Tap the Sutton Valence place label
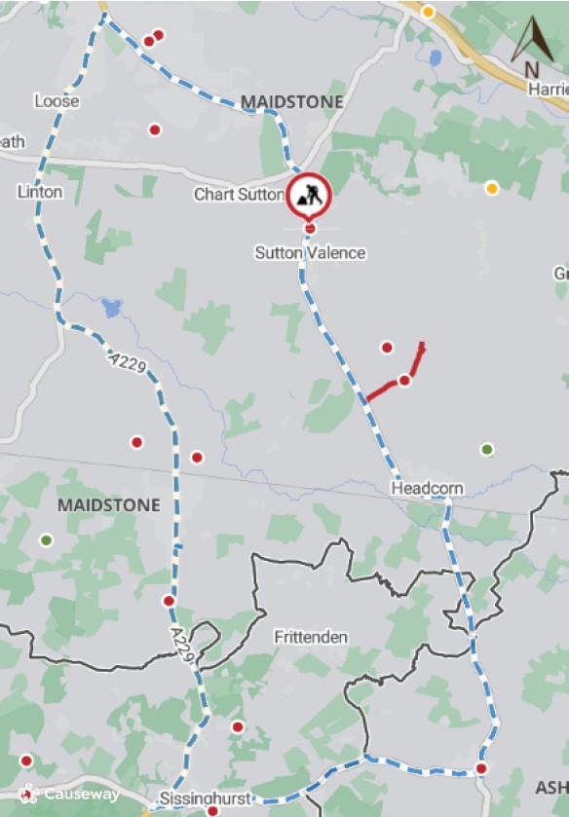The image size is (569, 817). pyautogui.click(x=310, y=253)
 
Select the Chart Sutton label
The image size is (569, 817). pyautogui.click(x=239, y=195)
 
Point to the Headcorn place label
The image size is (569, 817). pyautogui.click(x=428, y=487)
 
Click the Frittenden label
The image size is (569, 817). pyautogui.click(x=311, y=637)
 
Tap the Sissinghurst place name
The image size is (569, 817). pyautogui.click(x=206, y=799)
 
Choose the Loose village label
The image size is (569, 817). pyautogui.click(x=57, y=101)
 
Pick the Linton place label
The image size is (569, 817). pyautogui.click(x=40, y=192)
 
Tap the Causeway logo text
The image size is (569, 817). pyautogui.click(x=70, y=795)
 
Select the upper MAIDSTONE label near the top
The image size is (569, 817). pyautogui.click(x=292, y=101)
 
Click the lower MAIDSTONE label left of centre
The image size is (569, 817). pyautogui.click(x=108, y=505)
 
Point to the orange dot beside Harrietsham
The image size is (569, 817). pyautogui.click(x=492, y=188)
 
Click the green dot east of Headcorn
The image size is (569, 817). pyautogui.click(x=487, y=449)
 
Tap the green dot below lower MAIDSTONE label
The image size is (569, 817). pyautogui.click(x=46, y=539)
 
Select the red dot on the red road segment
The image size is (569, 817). pyautogui.click(x=404, y=380)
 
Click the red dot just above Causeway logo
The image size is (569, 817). pyautogui.click(x=26, y=761)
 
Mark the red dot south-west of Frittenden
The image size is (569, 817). pyautogui.click(x=237, y=726)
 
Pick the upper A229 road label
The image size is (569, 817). pyautogui.click(x=128, y=365)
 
